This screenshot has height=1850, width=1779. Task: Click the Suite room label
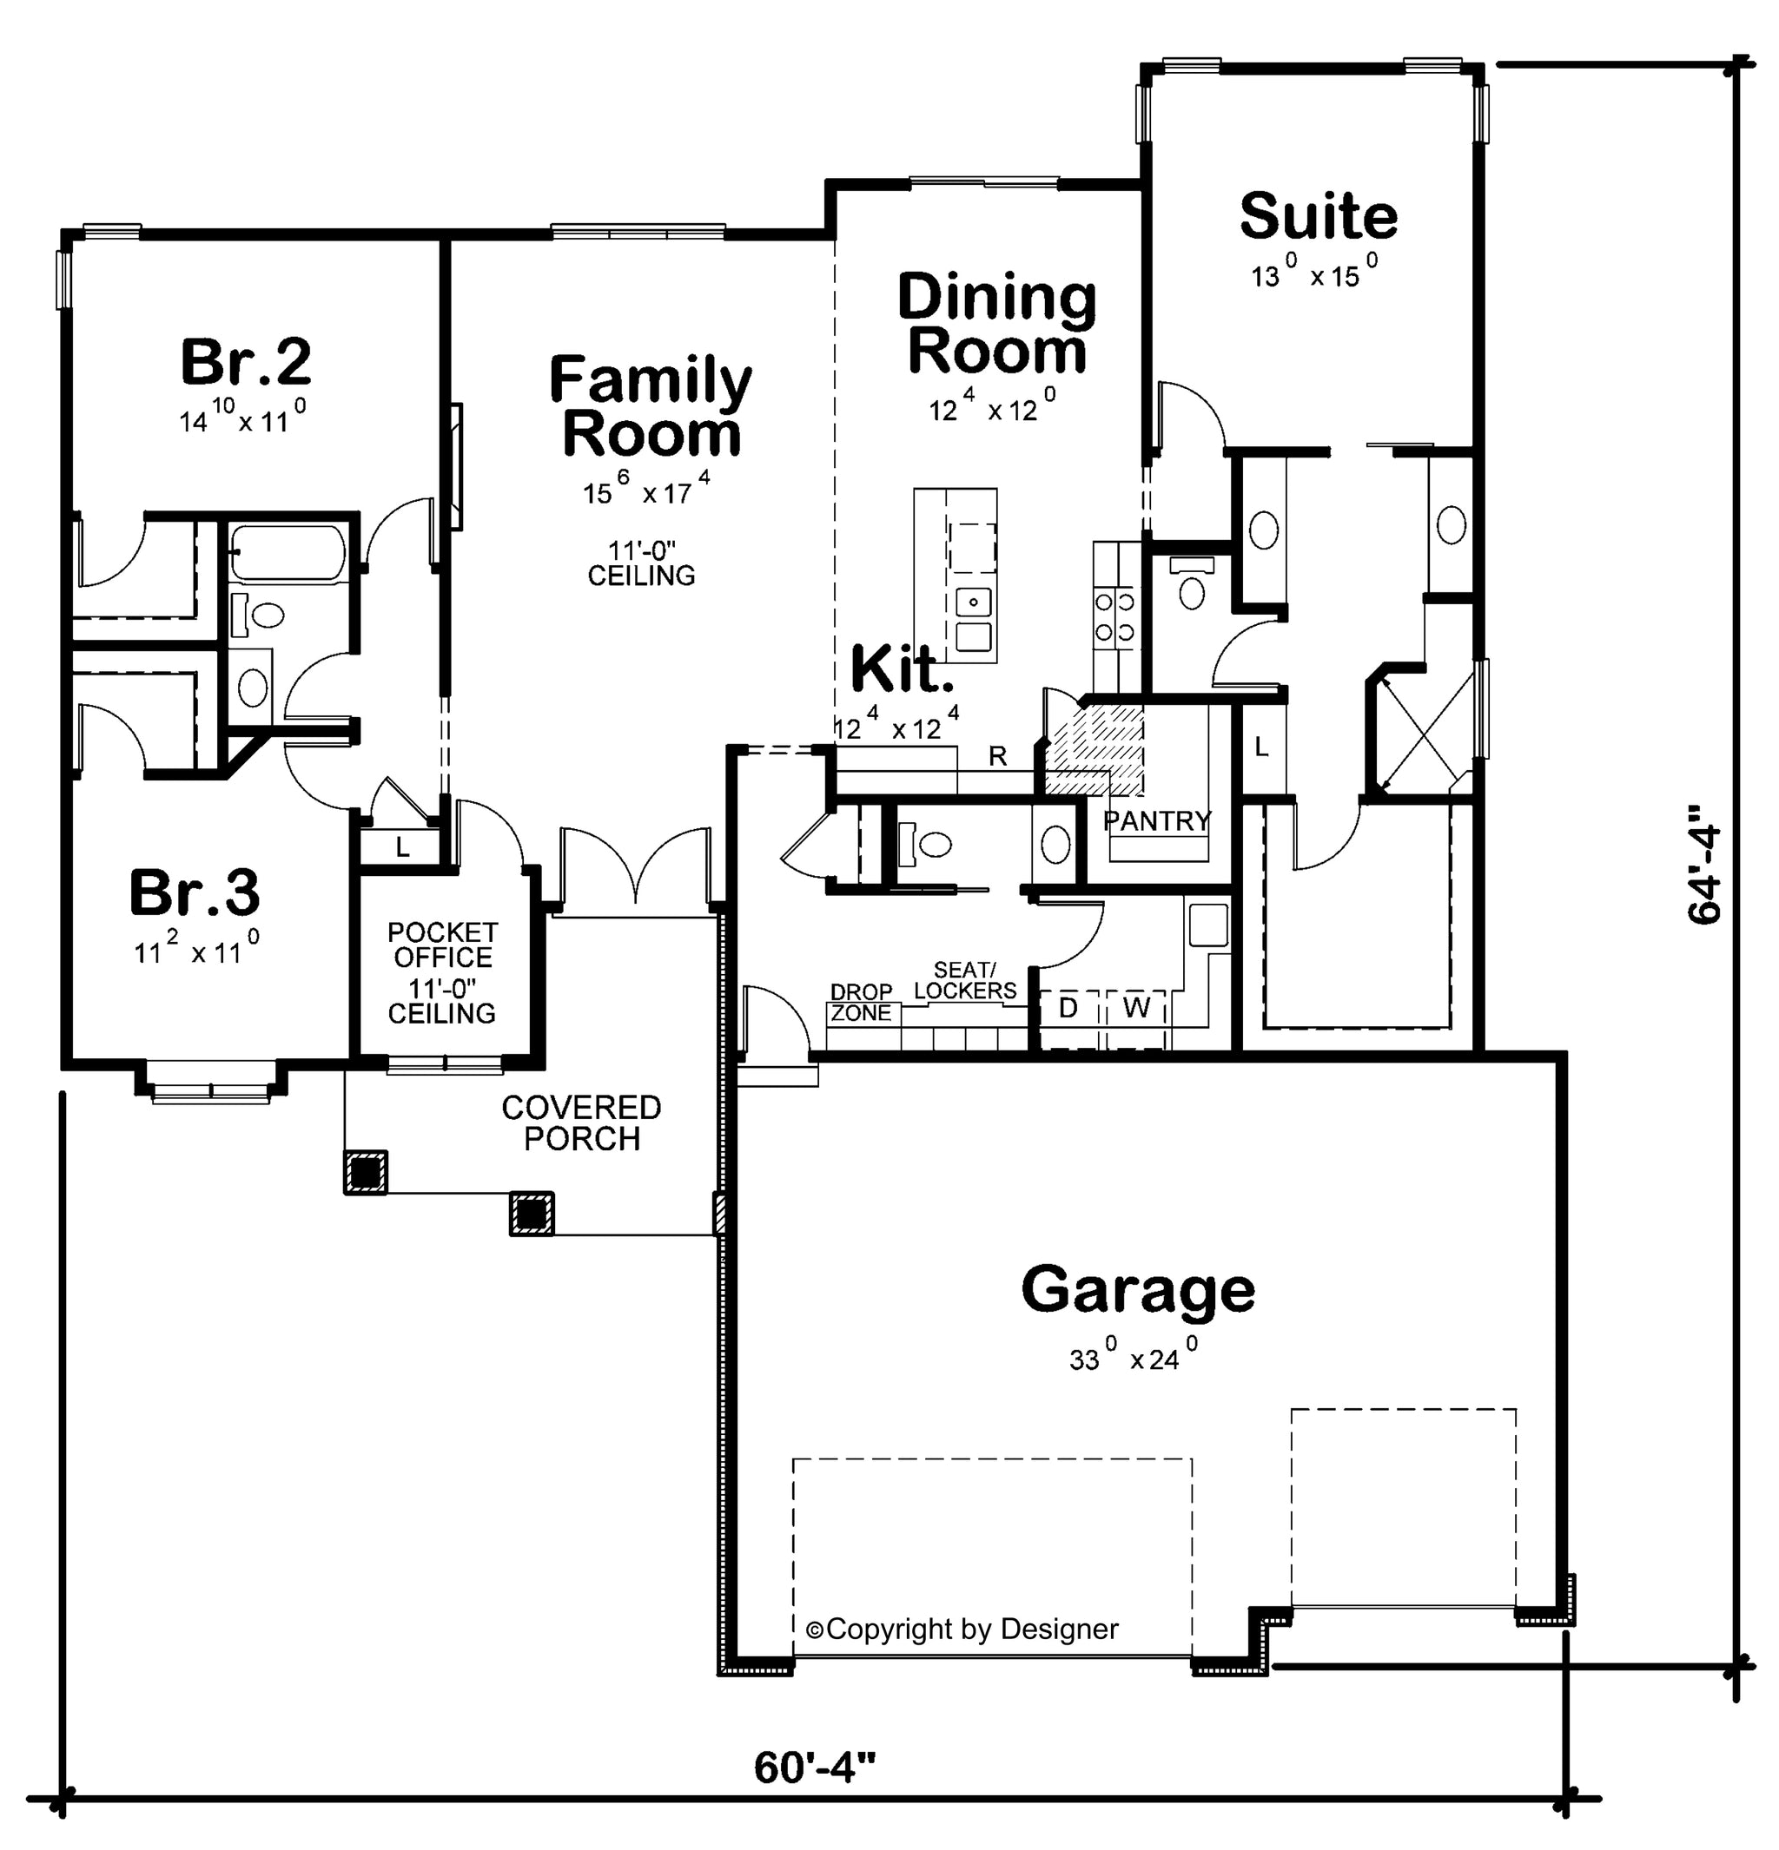(1319, 216)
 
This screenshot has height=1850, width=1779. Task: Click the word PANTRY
(1157, 820)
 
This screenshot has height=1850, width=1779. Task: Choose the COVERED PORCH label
(582, 1123)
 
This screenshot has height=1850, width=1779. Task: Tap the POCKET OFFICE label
(442, 945)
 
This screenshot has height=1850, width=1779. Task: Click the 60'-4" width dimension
(815, 1767)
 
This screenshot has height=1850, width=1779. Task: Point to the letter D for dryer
(1068, 1008)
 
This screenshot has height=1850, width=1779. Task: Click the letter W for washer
(1137, 1008)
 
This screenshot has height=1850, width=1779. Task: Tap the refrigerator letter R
(997, 756)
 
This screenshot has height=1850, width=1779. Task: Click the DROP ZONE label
(861, 1003)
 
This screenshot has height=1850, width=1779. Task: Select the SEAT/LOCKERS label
(965, 980)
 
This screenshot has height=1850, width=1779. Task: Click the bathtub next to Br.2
(287, 553)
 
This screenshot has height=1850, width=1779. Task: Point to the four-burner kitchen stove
(1114, 616)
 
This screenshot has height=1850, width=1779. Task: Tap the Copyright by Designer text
(962, 1629)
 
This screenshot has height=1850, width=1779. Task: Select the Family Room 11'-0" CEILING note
(641, 563)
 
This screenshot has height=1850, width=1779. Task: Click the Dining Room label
(996, 324)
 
